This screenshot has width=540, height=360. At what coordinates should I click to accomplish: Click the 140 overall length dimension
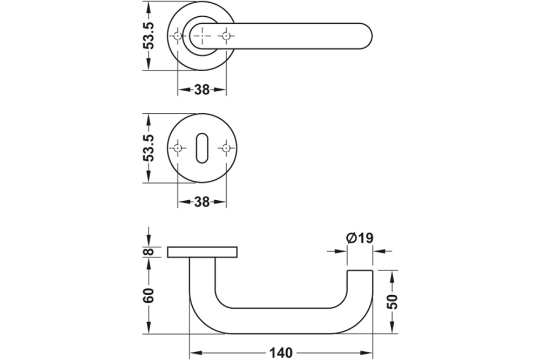281,352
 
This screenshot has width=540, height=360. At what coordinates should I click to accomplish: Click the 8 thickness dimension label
150,251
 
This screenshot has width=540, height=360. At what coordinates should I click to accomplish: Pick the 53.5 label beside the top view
150,36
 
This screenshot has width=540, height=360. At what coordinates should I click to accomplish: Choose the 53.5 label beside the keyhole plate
150,148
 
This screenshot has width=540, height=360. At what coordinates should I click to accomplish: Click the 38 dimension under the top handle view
201,90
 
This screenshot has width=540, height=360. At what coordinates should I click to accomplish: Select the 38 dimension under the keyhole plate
201,202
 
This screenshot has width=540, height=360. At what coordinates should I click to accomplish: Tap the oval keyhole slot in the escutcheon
201,148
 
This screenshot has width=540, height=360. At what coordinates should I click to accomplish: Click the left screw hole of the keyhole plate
178,148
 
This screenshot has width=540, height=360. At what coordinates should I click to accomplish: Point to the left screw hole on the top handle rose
178,36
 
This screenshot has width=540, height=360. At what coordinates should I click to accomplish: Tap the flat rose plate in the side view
202,252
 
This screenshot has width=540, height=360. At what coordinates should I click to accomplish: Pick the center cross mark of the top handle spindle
201,36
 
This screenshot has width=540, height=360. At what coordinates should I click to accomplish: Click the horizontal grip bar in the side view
281,321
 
